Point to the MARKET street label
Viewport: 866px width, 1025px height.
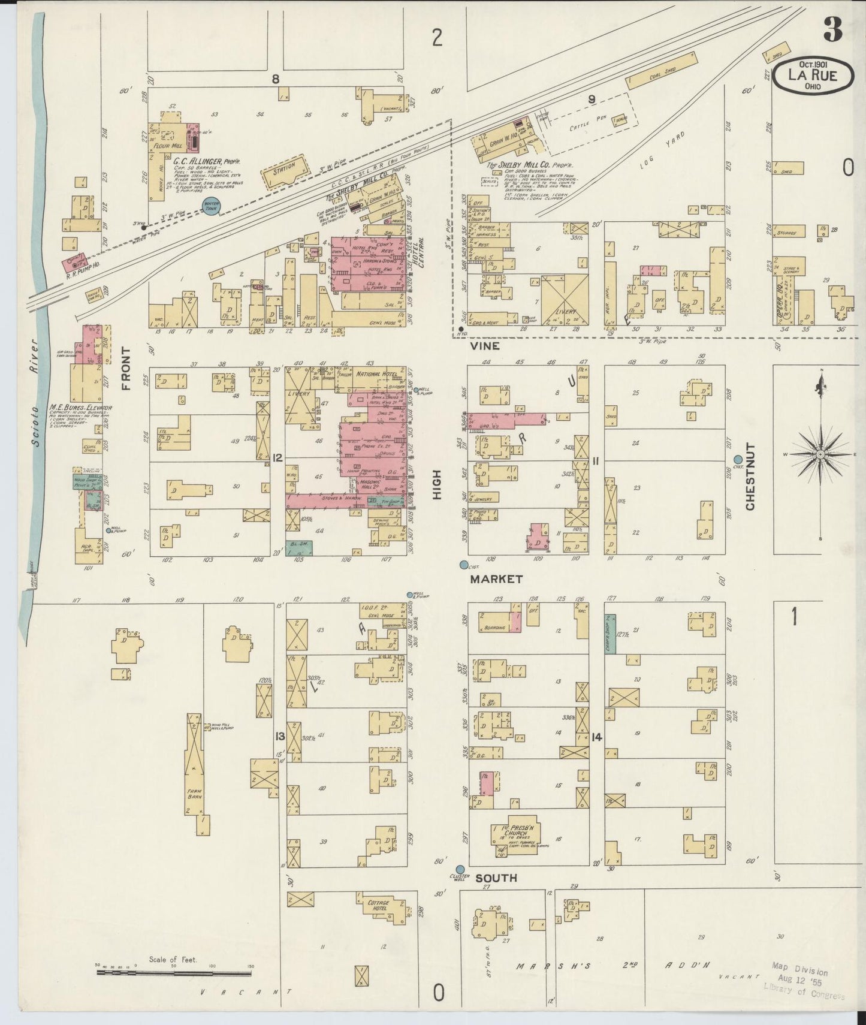coord(496,579)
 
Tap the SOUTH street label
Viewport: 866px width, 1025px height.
coord(496,878)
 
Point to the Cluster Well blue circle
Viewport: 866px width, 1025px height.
coord(460,869)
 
